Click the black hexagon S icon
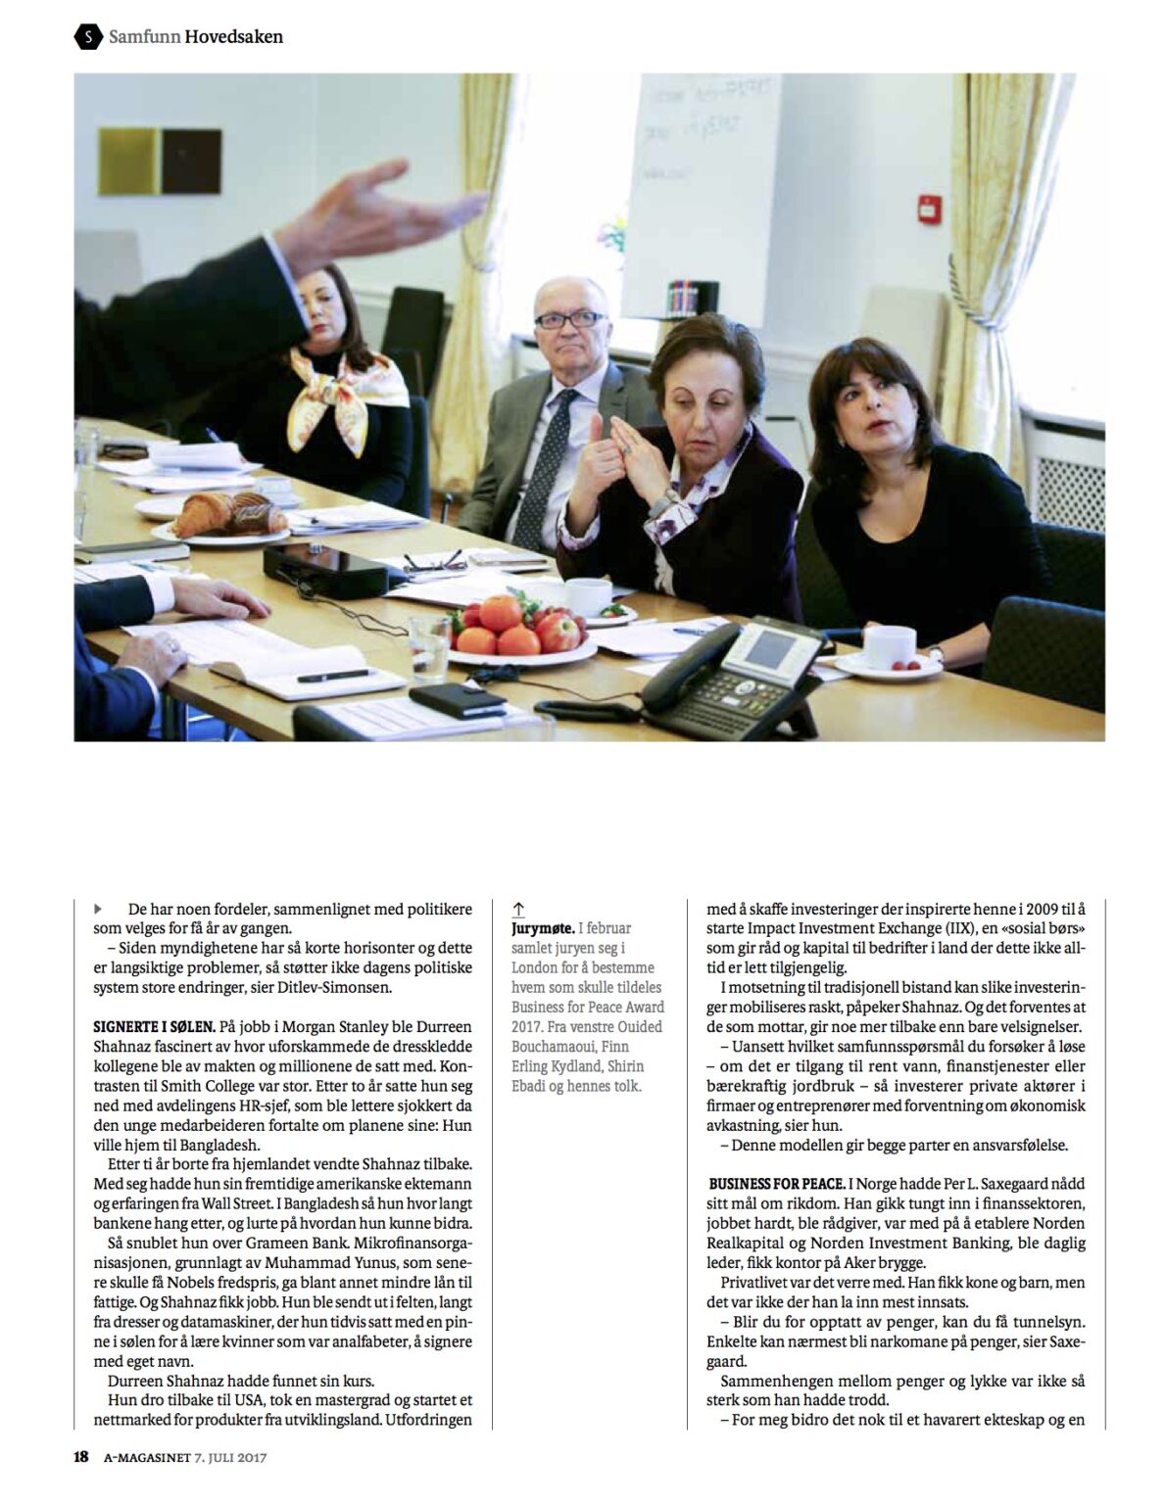pos(89,37)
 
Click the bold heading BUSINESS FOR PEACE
pos(776,1184)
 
